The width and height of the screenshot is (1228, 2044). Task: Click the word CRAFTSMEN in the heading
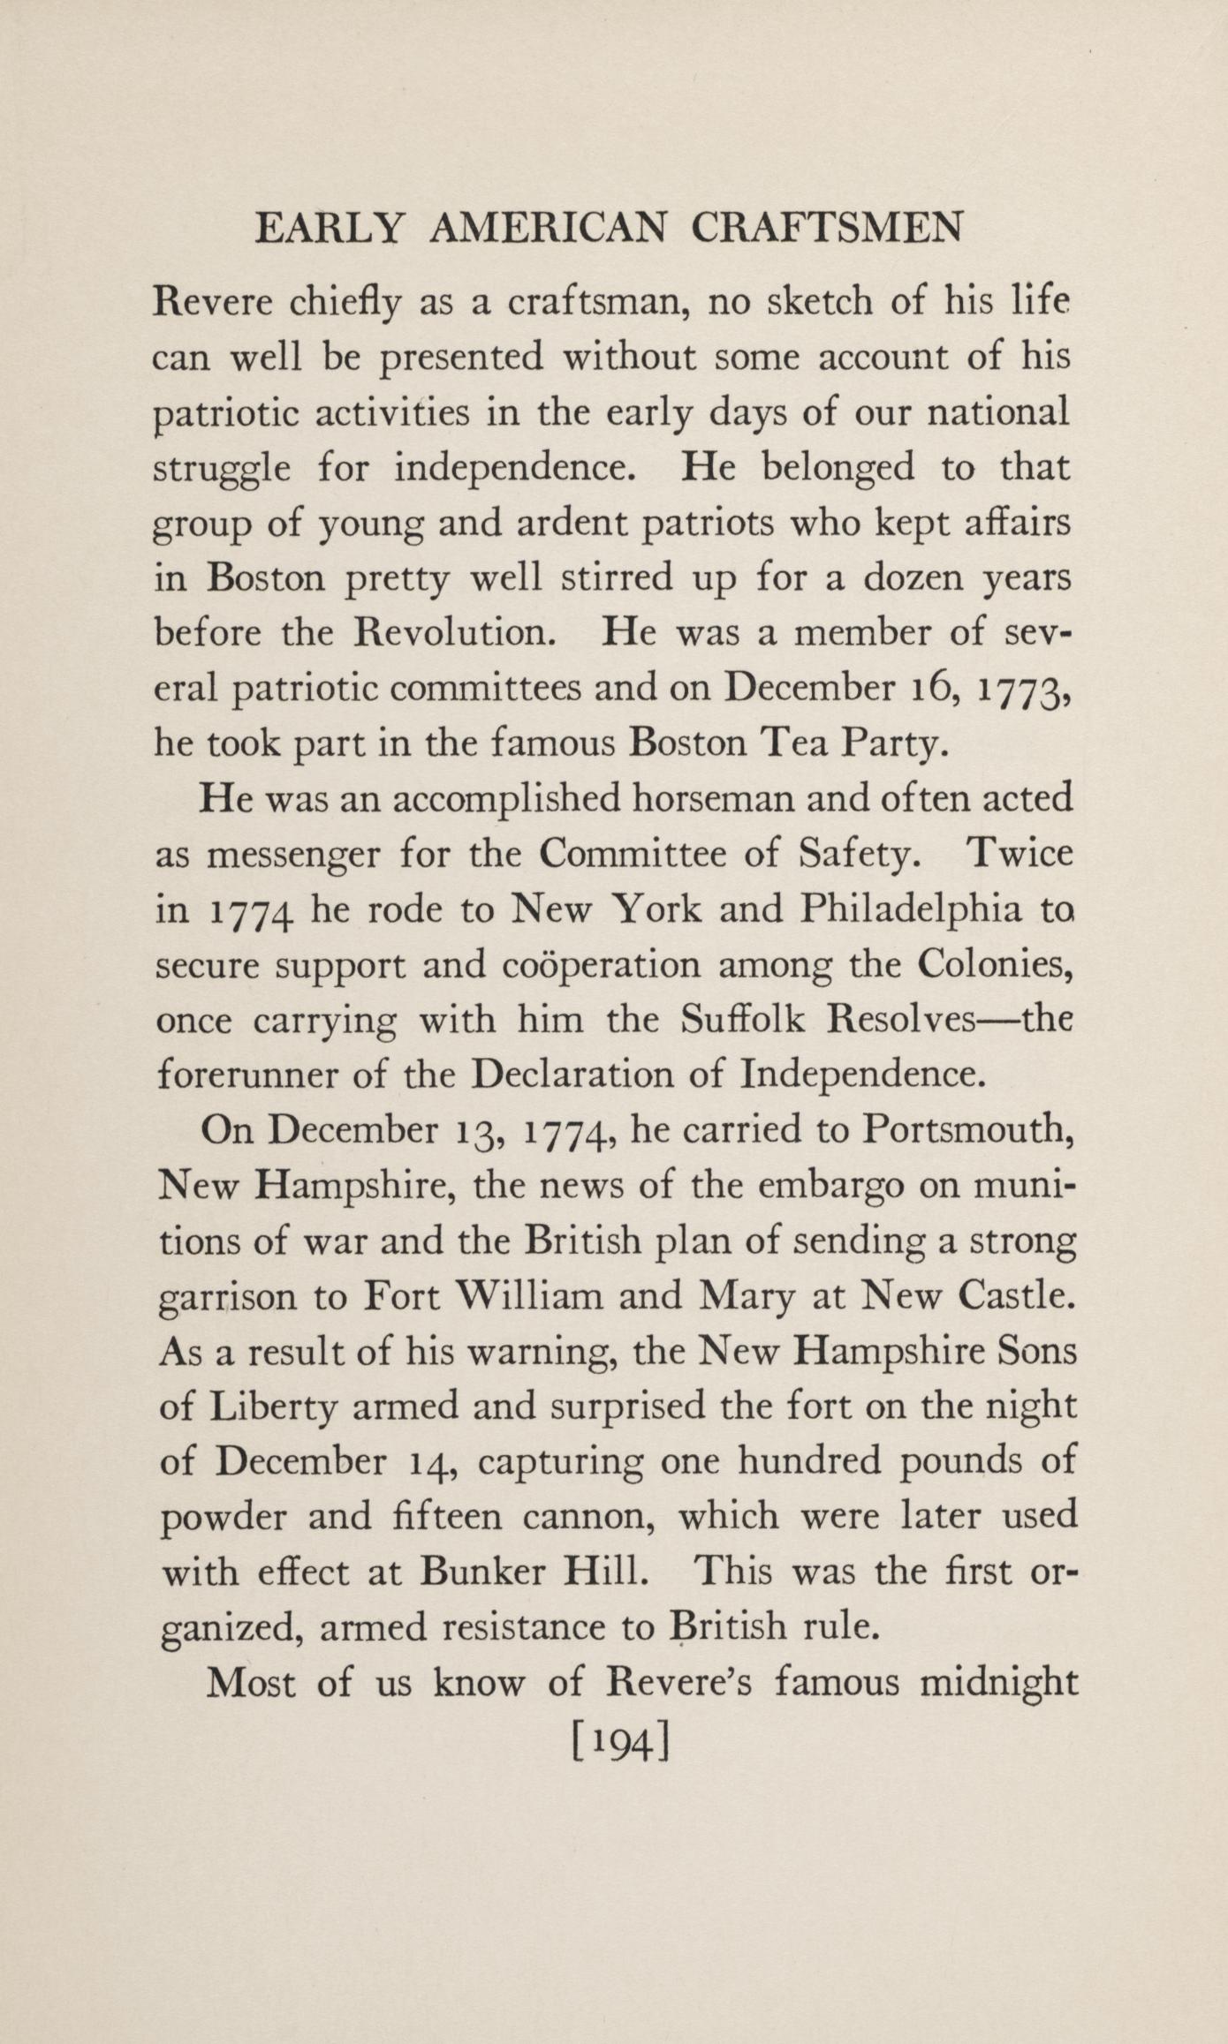pos(826,230)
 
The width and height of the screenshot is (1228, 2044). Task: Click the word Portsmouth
pos(967,1131)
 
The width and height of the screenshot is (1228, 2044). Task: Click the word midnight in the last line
pos(998,1683)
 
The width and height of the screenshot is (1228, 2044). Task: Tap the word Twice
pos(1019,854)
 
